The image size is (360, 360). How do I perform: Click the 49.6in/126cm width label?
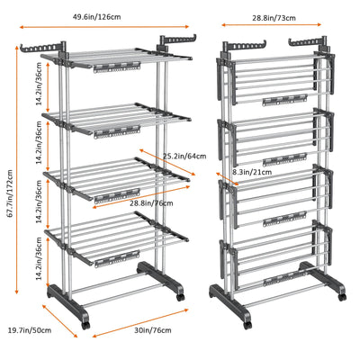[x=96, y=17]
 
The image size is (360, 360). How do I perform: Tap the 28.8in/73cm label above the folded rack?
[x=274, y=18]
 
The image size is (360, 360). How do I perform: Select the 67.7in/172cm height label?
[x=10, y=193]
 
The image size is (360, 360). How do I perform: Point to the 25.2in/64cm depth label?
[x=184, y=156]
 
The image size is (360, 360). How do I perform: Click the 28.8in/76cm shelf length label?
[x=151, y=203]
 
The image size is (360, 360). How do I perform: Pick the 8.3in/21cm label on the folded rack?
[x=252, y=172]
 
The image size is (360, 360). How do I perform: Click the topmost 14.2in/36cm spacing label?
[x=40, y=85]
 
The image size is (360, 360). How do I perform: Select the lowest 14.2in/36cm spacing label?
[x=40, y=258]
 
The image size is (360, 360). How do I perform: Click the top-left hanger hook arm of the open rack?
[x=42, y=48]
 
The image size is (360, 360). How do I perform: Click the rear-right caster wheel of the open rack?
[x=180, y=297]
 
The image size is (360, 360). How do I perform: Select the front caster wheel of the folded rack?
[x=247, y=325]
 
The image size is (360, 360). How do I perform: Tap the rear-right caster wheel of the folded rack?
[x=342, y=297]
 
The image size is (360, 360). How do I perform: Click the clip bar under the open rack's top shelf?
[x=117, y=67]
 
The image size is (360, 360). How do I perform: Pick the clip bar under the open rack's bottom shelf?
[x=118, y=259]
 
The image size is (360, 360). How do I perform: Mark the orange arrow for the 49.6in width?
[x=104, y=27]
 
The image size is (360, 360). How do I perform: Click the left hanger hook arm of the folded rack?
[x=245, y=45]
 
